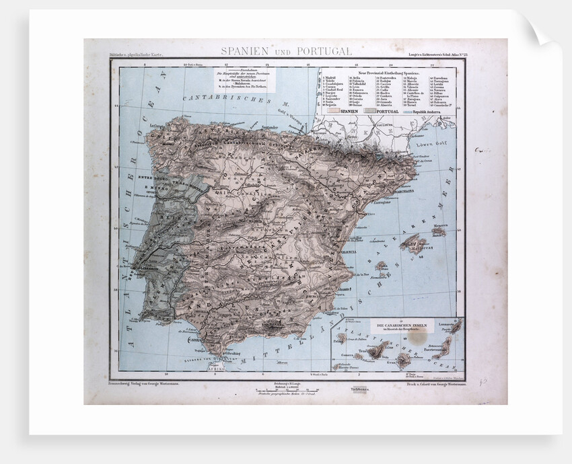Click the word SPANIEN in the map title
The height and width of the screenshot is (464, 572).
(x=246, y=51)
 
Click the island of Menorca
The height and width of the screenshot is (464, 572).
(x=439, y=231)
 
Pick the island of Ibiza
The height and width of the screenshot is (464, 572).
(x=381, y=267)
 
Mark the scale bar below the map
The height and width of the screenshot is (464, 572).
(x=283, y=390)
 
